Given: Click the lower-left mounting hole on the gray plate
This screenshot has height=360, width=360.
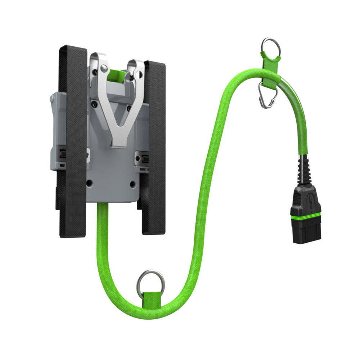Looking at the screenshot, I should [89, 183].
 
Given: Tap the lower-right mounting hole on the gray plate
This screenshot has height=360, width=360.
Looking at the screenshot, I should [132, 184].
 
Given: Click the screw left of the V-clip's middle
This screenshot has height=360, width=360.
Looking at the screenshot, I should [94, 104].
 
